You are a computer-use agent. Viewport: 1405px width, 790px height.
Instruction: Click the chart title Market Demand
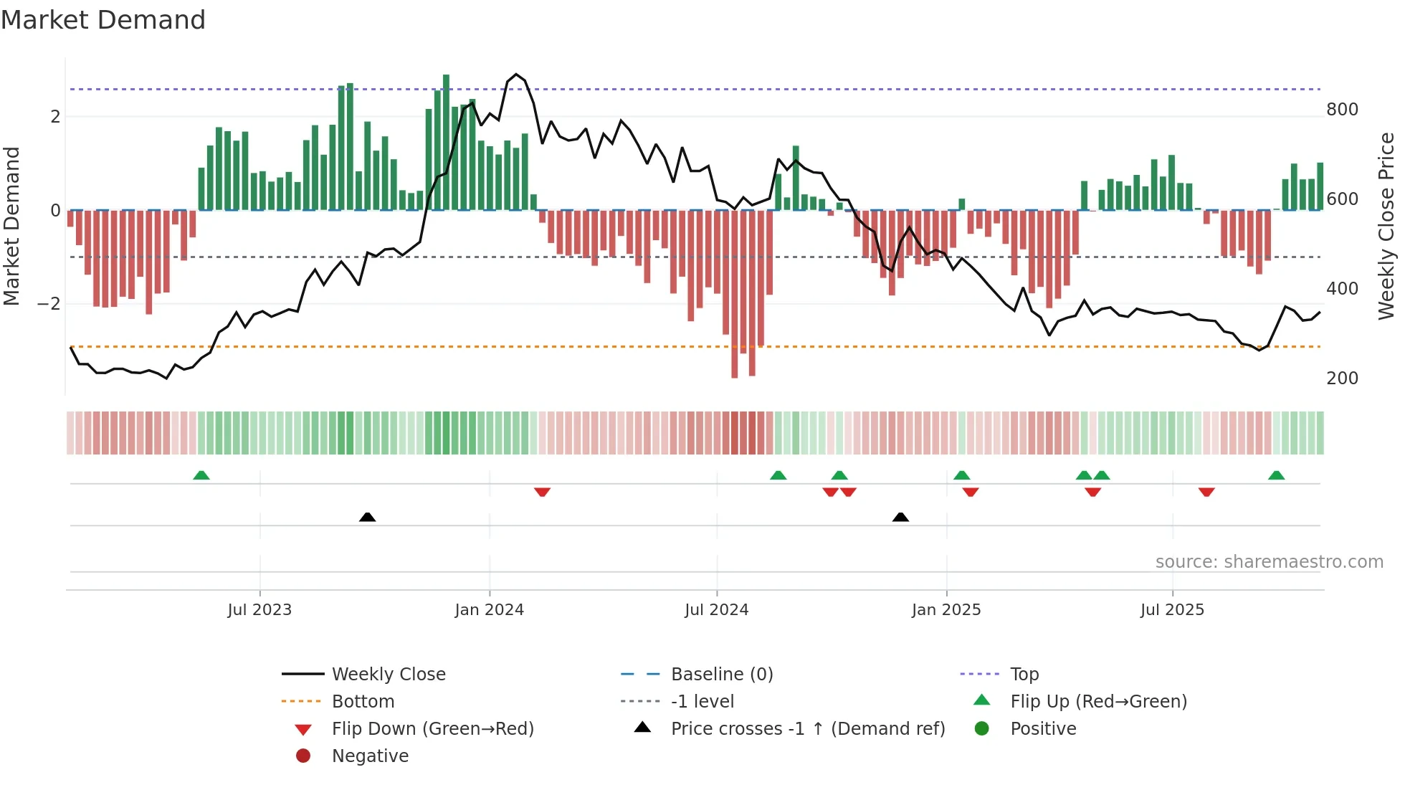(x=103, y=20)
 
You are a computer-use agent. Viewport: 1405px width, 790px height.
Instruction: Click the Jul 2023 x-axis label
(x=259, y=610)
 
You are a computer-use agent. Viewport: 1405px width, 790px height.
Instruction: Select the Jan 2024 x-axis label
(x=489, y=610)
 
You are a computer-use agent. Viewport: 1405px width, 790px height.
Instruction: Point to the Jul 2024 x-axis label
(x=716, y=610)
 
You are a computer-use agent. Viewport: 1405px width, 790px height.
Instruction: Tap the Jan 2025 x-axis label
(x=946, y=610)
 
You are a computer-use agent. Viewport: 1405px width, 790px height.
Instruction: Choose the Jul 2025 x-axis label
(x=1172, y=610)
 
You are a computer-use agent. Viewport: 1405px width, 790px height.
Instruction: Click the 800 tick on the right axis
(x=1342, y=110)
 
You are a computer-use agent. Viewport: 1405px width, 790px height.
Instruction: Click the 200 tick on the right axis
(x=1342, y=379)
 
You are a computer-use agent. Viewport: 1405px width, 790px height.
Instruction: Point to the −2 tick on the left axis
(x=49, y=304)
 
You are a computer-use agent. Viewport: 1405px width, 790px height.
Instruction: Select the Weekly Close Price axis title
(x=1386, y=226)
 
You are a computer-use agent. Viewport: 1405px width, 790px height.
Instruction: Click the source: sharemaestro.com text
(x=1269, y=562)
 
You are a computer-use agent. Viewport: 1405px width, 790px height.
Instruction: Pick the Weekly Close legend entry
(x=388, y=675)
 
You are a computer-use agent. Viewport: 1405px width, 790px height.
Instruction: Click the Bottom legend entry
(x=363, y=702)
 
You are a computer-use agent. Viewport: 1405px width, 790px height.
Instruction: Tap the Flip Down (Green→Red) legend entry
(x=432, y=729)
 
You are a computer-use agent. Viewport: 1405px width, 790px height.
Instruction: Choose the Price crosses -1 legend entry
(x=807, y=729)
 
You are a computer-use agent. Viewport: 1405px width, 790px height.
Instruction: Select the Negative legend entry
(x=370, y=756)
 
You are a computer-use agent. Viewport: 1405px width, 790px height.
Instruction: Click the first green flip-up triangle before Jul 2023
(x=201, y=475)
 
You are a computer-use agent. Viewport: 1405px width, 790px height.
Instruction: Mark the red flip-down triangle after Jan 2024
(x=542, y=492)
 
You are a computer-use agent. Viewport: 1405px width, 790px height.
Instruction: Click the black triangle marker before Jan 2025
(x=900, y=517)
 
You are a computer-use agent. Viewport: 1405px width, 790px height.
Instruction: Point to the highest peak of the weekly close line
(x=516, y=74)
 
